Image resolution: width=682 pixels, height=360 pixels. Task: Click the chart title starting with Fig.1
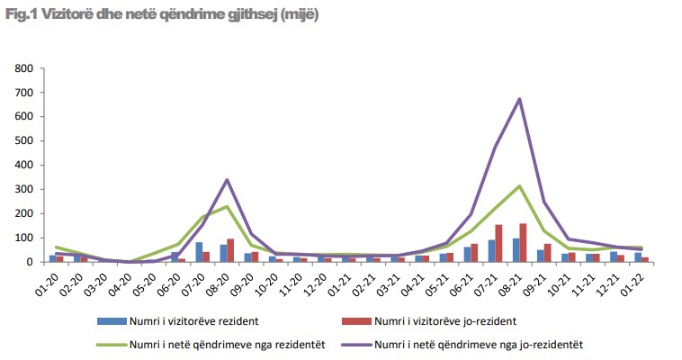pyautogui.click(x=162, y=15)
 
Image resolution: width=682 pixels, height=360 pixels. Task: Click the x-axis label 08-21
pyautogui.click(x=515, y=279)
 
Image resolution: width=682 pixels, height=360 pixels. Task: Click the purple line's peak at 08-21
pyautogui.click(x=519, y=99)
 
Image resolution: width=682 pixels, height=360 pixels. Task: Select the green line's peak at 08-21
pyautogui.click(x=519, y=186)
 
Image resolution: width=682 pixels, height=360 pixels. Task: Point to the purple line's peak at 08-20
pyautogui.click(x=227, y=180)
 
